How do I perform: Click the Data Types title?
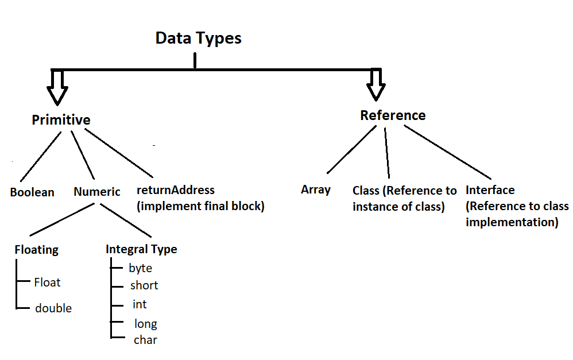click(198, 38)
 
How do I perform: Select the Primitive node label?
click(61, 120)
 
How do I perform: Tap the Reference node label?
click(393, 115)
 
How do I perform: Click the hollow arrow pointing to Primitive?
click(57, 87)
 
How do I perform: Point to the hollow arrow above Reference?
click(377, 84)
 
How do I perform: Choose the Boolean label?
click(32, 192)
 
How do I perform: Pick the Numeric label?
click(97, 192)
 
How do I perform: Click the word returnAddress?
click(175, 190)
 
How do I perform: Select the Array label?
click(315, 189)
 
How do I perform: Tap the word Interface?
click(490, 190)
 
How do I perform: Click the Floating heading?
click(36, 250)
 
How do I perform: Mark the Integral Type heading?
click(141, 249)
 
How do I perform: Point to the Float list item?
click(47, 282)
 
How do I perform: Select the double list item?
click(53, 308)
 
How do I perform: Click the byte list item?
click(140, 268)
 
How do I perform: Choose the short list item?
click(144, 285)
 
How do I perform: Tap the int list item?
click(140, 304)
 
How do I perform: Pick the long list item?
click(145, 324)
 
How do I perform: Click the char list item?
click(145, 340)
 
